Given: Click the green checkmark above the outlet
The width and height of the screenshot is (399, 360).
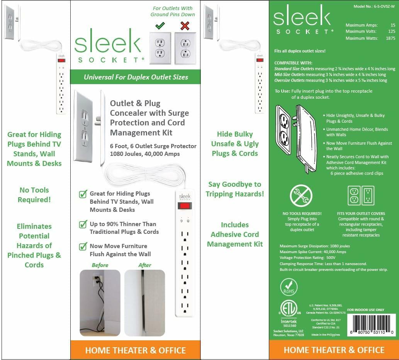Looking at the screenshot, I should (160, 25).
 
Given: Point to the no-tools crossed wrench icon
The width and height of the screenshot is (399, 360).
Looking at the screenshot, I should (301, 196).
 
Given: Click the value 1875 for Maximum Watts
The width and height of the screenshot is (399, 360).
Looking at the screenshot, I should (390, 38).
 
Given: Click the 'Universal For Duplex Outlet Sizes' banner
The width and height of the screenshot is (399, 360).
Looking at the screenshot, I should (136, 77).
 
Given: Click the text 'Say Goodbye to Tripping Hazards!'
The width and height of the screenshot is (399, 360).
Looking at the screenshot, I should (234, 189).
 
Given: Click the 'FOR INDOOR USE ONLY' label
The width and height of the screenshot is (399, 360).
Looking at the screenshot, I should (365, 309).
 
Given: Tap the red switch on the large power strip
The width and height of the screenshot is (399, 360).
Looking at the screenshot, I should (184, 206).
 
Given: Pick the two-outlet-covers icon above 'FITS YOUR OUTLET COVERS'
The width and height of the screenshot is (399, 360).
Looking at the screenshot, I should (361, 196).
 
